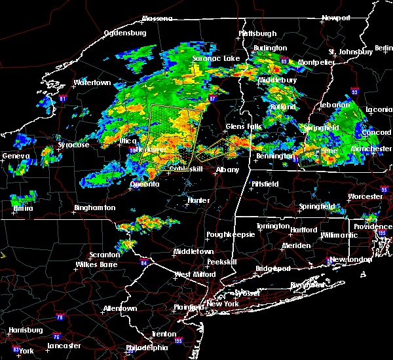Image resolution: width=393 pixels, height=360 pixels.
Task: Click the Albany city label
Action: click(x=228, y=170)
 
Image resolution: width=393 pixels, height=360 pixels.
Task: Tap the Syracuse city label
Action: click(x=73, y=145)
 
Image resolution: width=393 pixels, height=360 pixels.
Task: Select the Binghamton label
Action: click(x=94, y=207)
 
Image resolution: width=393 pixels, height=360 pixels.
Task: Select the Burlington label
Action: click(x=271, y=48)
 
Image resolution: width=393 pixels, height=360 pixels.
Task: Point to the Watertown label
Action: click(x=92, y=83)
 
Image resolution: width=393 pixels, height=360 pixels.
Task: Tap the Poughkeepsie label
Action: click(x=228, y=234)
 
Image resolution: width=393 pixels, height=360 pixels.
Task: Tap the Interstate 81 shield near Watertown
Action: click(x=63, y=99)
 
